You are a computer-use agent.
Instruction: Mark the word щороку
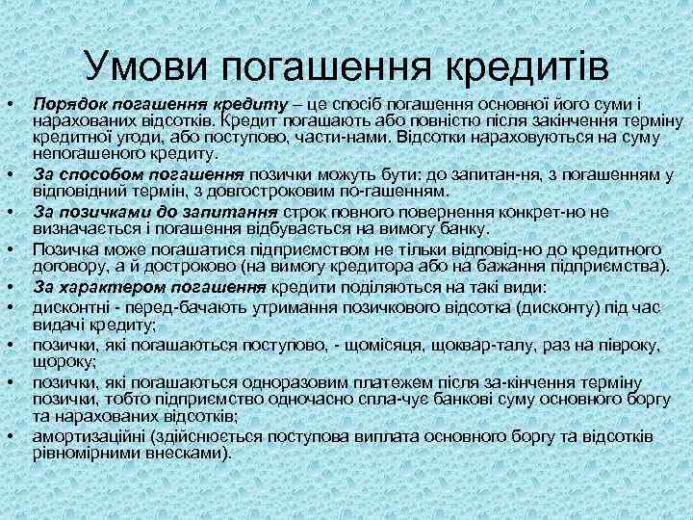point(60,360)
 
